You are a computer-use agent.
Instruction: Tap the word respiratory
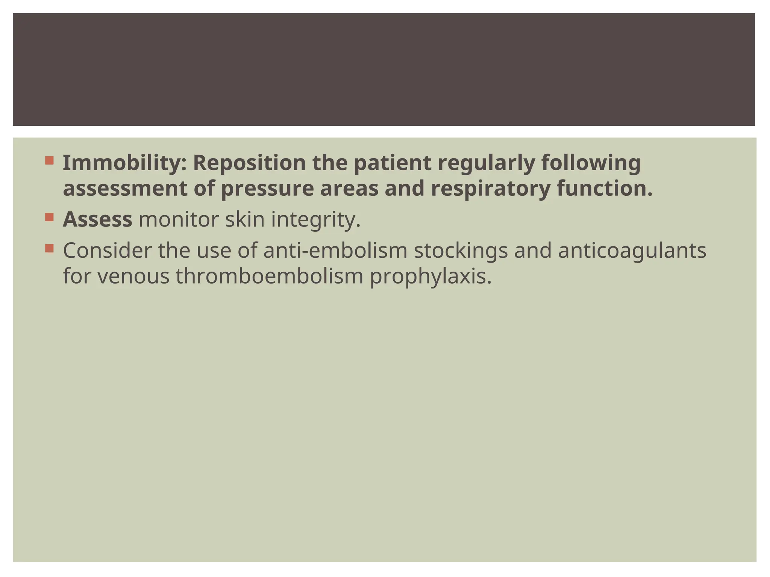[491, 188]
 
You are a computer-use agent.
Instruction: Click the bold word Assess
[97, 219]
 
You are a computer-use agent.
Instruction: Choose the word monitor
[179, 219]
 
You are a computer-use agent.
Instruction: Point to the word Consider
[107, 251]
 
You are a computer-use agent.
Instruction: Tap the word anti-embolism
[335, 251]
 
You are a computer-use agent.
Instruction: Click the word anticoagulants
[632, 251]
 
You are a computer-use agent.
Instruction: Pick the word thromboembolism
[269, 276]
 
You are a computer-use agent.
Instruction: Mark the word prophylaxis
[431, 276]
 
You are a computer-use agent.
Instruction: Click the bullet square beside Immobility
[49, 161]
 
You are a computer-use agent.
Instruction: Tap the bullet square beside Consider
[49, 248]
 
